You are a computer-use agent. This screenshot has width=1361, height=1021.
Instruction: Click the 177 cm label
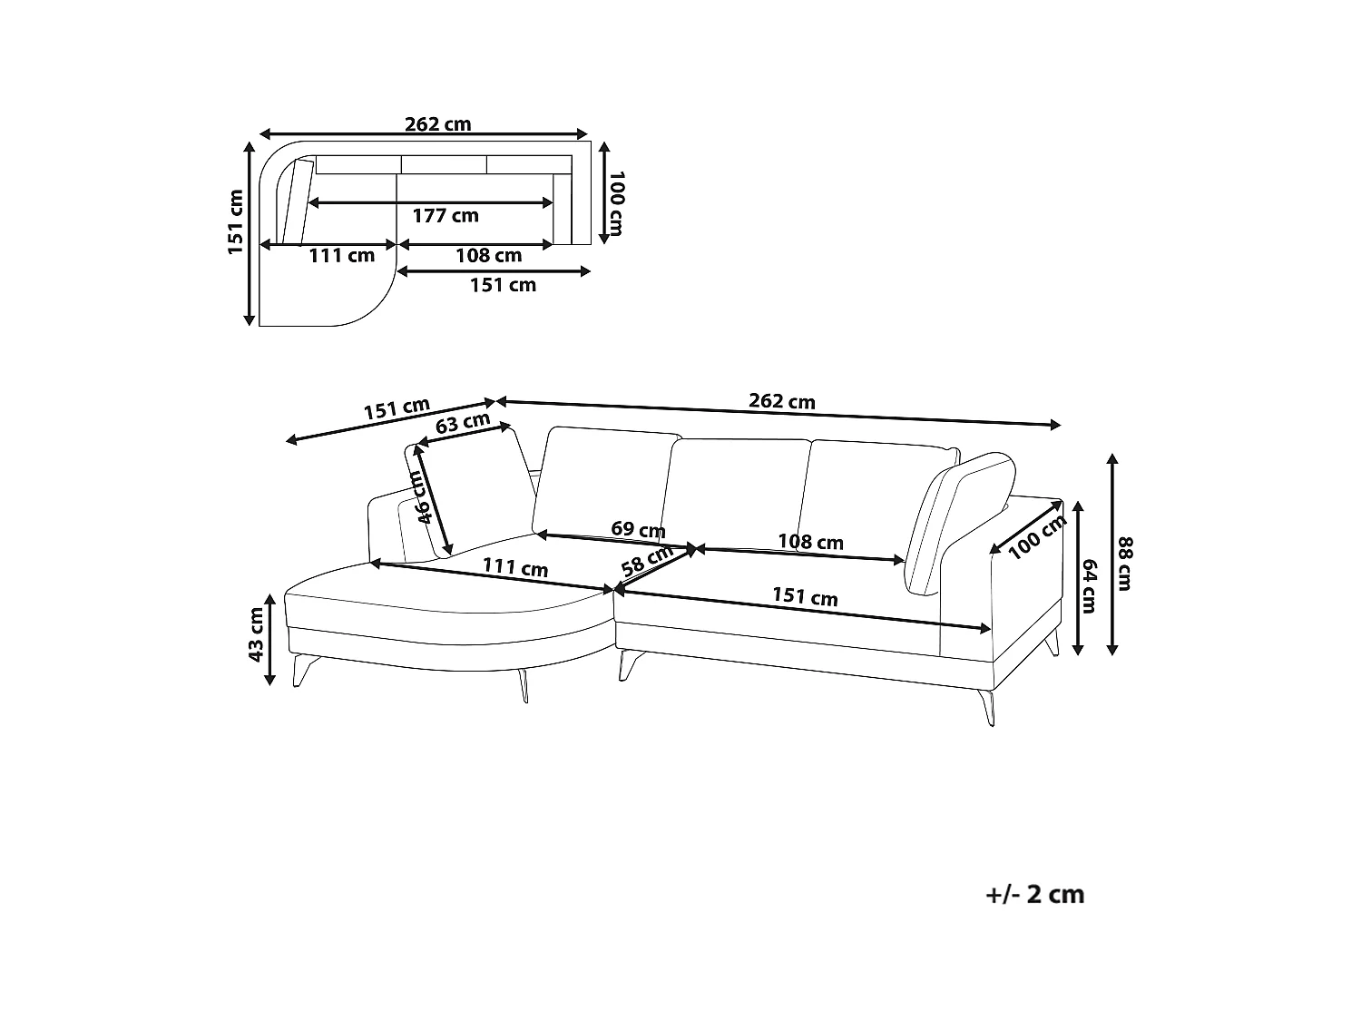pyautogui.click(x=446, y=216)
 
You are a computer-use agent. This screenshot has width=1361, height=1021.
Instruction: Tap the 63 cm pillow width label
pyautogui.click(x=463, y=423)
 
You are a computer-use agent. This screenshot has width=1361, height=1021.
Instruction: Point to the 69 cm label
pyautogui.click(x=638, y=529)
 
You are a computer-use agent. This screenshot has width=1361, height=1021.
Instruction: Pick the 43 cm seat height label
pyautogui.click(x=255, y=634)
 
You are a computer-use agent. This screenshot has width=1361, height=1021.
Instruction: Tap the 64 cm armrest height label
pyautogui.click(x=1089, y=585)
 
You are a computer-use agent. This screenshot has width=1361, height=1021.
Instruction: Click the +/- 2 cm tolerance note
pyautogui.click(x=1035, y=895)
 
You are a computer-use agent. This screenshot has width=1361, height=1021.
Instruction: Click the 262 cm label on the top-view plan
pyautogui.click(x=437, y=124)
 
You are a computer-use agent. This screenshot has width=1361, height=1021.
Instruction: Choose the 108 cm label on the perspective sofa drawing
pyautogui.click(x=810, y=542)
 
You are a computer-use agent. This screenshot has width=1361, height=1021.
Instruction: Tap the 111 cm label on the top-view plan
pyautogui.click(x=342, y=255)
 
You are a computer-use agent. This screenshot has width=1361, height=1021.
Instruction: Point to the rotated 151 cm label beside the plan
pyautogui.click(x=235, y=222)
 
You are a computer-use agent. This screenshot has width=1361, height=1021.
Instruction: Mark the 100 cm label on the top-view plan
pyautogui.click(x=617, y=203)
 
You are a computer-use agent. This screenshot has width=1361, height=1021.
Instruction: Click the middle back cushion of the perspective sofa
pyautogui.click(x=736, y=493)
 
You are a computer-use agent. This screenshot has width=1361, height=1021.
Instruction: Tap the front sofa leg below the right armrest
pyautogui.click(x=988, y=707)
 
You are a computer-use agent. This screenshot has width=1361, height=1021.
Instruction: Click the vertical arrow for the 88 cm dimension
pyautogui.click(x=1111, y=555)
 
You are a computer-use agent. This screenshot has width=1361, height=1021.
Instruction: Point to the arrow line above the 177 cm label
pyautogui.click(x=430, y=202)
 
